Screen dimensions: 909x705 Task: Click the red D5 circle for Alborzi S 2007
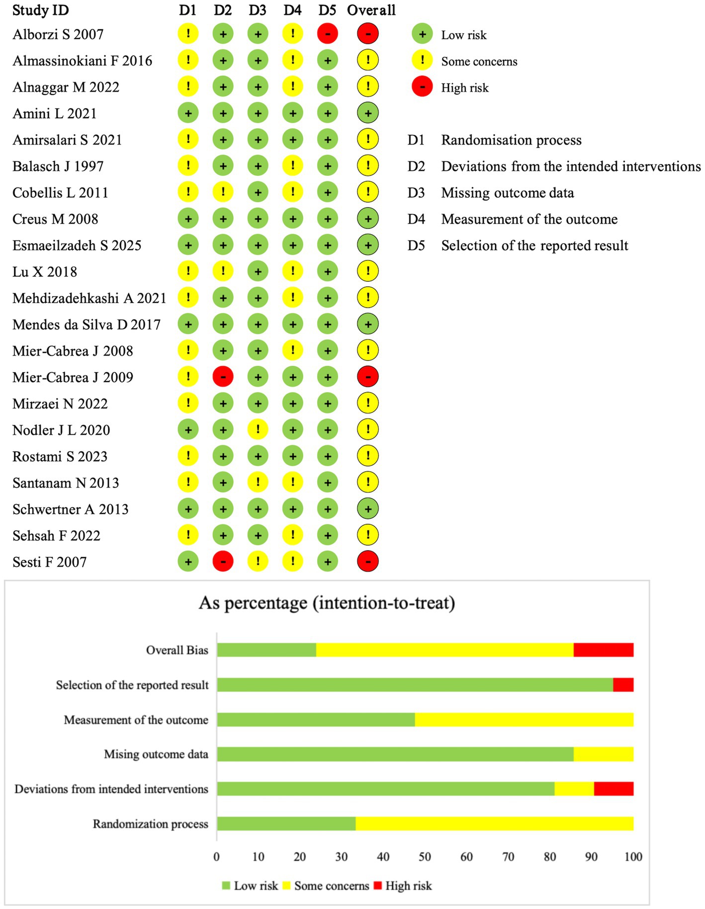[327, 34]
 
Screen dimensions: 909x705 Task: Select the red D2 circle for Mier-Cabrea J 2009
[223, 377]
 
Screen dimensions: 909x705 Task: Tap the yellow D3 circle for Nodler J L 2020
[258, 429]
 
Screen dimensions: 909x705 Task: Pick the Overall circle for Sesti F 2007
[368, 562]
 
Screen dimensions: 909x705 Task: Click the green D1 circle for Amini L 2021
[188, 113]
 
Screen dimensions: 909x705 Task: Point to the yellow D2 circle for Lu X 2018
[223, 271]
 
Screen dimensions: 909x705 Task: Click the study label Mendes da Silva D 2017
[87, 325]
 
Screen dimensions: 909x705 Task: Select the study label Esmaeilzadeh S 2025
[77, 246]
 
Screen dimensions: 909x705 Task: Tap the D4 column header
[292, 10]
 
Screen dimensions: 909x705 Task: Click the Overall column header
[371, 10]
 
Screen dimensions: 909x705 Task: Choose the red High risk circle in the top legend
[422, 87]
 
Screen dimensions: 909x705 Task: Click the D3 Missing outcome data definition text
[507, 193]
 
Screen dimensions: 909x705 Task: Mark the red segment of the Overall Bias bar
[603, 650]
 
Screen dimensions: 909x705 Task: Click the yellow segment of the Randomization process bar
[494, 824]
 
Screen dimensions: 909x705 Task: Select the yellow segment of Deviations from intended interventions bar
[574, 789]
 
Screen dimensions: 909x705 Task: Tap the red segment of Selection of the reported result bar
[623, 685]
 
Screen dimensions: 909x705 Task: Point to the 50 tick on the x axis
[425, 856]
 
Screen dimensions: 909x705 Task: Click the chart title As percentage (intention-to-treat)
[327, 603]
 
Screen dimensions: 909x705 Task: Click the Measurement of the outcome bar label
[136, 720]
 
